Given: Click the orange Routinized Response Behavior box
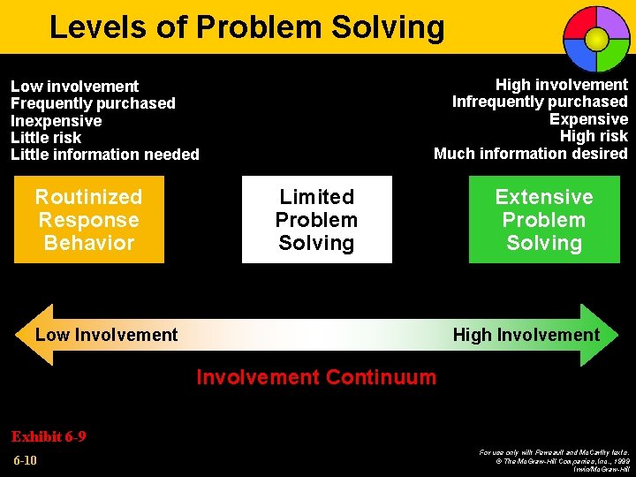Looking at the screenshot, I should point(88,220).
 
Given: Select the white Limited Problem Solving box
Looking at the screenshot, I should point(316,220).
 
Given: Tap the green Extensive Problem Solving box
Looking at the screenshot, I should point(544,220).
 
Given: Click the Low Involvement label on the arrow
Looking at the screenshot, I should point(106,335).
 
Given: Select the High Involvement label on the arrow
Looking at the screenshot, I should point(526,335).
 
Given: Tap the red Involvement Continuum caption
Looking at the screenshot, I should point(316,377).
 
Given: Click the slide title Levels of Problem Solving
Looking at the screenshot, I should point(246,27).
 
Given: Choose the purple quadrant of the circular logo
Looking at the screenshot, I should point(612,23).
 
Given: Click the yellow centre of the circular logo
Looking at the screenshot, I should point(597,38).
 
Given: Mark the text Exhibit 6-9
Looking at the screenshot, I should point(48,436).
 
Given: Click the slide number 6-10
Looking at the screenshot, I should point(25,460).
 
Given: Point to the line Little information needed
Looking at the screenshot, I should point(105,155).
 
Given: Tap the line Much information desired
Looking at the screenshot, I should point(530,153).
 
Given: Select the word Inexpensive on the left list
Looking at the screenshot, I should point(56,121).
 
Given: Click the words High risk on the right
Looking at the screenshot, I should point(594,136).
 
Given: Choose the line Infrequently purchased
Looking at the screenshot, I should point(540,102).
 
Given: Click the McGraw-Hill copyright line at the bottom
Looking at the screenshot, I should point(555,460).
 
